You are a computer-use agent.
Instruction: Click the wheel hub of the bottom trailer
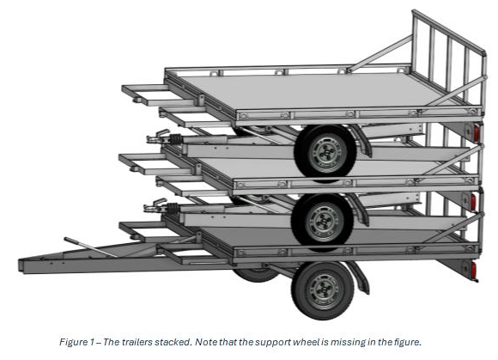coord(324,290)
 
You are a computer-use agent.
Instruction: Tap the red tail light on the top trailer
coord(476,133)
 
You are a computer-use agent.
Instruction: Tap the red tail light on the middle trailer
coord(473,202)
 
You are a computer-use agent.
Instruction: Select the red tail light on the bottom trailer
coord(474,271)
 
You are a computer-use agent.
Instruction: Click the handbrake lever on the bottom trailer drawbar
coord(90,247)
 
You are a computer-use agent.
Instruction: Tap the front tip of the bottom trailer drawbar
coord(21,265)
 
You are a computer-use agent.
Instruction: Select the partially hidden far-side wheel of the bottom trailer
coord(256,275)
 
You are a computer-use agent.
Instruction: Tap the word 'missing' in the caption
coord(347,343)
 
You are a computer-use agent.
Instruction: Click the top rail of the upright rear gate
coord(449,31)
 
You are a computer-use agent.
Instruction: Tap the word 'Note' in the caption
coord(205,342)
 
